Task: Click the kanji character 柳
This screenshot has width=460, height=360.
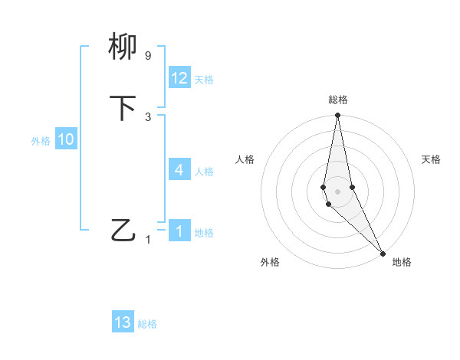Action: pos(123,47)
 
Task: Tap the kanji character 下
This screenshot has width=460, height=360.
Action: pos(123,108)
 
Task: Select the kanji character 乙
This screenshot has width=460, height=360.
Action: pos(123,229)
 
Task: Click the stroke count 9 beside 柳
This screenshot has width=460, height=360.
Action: pos(148,56)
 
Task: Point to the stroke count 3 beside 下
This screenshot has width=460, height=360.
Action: pos(148,116)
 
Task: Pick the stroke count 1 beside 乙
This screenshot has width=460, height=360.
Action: pos(148,240)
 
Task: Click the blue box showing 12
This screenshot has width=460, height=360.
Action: pos(179,78)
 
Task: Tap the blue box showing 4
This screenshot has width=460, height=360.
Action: pos(179,169)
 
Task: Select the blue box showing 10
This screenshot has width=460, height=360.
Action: pos(66,139)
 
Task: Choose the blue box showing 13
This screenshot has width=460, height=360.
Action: pos(123,322)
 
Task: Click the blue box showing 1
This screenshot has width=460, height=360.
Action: pos(179,231)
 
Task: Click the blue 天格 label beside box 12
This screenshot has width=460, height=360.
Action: pos(204,80)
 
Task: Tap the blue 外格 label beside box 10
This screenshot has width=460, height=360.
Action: pos(41,141)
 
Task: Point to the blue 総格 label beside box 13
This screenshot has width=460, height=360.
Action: pos(147,324)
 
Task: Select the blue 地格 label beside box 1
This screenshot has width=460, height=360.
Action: pos(204,233)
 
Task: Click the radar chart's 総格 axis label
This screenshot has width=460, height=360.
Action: pos(338,100)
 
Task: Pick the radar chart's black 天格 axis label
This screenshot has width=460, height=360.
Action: pos(432,159)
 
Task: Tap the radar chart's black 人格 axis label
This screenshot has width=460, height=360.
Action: pos(245,159)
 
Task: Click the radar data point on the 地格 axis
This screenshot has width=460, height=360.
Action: pos(383,252)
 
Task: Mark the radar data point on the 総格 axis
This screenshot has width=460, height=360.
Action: pos(338,116)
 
